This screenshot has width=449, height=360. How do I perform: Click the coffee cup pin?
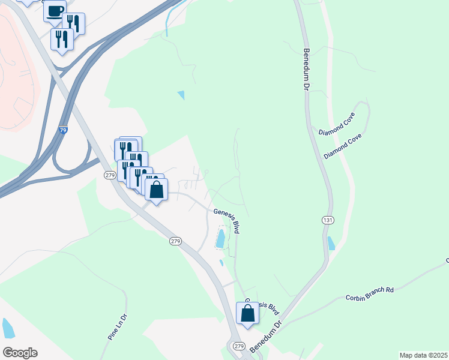(x=55, y=11)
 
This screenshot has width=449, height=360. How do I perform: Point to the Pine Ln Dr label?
(x=118, y=327)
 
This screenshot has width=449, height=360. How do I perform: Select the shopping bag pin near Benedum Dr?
(x=248, y=313)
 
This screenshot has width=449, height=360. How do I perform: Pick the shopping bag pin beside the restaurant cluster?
(x=156, y=190)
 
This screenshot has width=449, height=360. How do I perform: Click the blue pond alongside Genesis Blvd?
(x=221, y=238)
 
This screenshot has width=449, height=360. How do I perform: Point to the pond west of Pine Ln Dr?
(x=7, y=328)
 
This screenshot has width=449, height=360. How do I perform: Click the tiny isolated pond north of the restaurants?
(x=181, y=95)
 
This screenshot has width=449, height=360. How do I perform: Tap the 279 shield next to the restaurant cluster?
(x=109, y=175)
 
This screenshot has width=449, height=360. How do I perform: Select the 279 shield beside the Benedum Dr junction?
(x=238, y=346)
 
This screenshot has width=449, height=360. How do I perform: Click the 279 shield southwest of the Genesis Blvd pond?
(x=175, y=241)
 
